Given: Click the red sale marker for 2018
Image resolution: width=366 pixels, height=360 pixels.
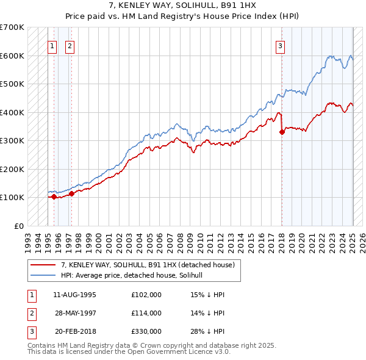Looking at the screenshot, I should (x=282, y=131).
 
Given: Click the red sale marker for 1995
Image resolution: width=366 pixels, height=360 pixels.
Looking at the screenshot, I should (x=54, y=196).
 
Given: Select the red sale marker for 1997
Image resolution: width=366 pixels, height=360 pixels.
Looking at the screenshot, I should (x=71, y=193).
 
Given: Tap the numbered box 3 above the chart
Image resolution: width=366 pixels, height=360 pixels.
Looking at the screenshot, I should (x=280, y=46).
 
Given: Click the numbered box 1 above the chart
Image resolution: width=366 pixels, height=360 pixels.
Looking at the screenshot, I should (x=52, y=46).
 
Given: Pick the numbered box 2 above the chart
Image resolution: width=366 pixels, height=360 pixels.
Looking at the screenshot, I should (x=70, y=46).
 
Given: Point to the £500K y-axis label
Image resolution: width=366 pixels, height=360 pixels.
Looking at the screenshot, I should (x=12, y=84).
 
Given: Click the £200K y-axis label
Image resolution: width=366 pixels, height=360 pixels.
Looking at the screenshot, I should (x=12, y=169).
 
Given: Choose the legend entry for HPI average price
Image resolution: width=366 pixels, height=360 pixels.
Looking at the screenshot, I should (x=135, y=275).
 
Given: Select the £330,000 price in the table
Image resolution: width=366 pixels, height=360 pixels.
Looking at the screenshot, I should (x=146, y=331).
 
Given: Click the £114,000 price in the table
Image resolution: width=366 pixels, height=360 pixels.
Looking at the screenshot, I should (x=146, y=313).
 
